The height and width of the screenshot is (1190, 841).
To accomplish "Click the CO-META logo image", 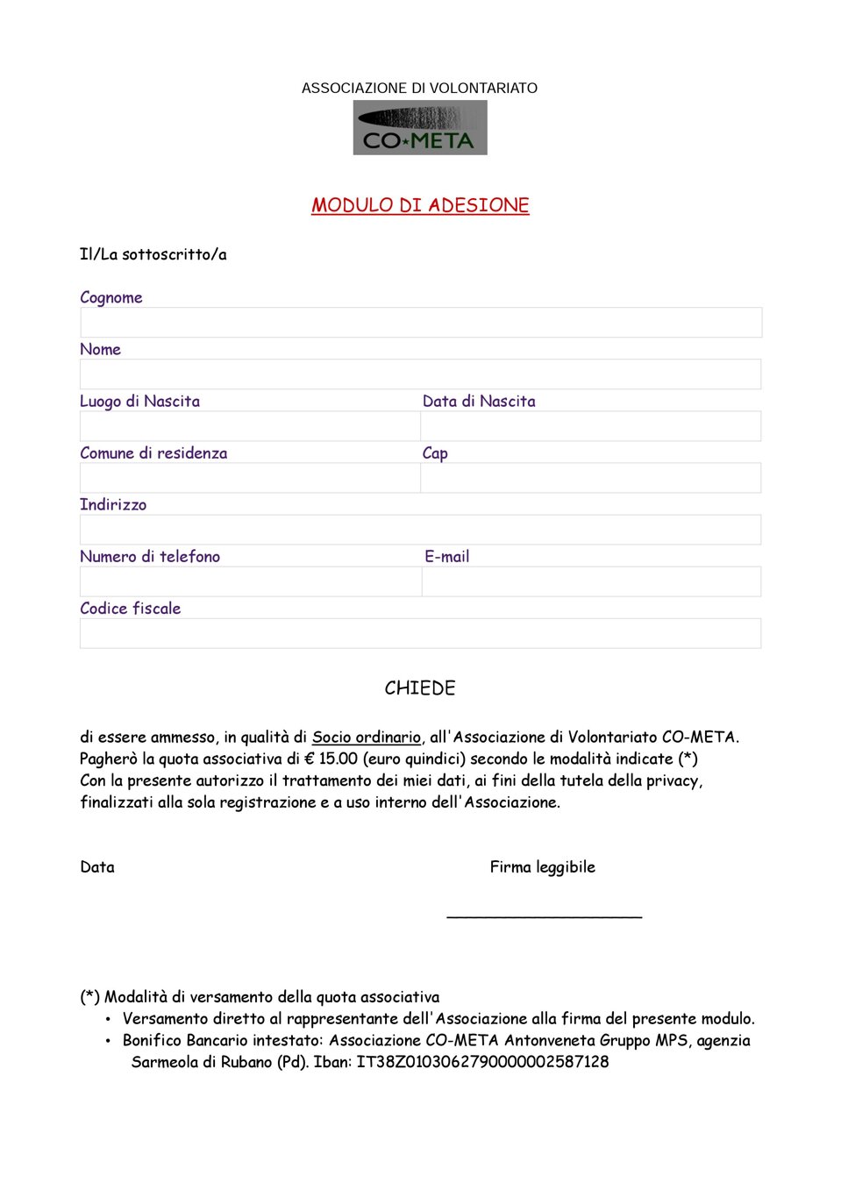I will [420, 128].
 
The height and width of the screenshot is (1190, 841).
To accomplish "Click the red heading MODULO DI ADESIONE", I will [420, 205].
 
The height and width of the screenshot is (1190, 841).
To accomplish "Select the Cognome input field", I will [421, 323].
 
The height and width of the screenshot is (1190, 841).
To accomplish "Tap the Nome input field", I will [421, 374].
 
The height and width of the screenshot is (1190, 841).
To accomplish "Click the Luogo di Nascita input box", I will [250, 426].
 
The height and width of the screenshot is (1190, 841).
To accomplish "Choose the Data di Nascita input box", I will [590, 426].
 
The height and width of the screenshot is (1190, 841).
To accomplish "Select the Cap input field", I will [590, 478].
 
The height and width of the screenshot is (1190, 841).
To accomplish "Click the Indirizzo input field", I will [421, 530].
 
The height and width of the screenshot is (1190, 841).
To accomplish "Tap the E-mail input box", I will [590, 581].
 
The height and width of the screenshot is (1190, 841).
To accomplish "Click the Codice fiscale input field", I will [421, 633].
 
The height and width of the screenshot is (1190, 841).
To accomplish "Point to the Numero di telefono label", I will [150, 557].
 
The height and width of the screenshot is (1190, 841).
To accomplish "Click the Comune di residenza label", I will [153, 453].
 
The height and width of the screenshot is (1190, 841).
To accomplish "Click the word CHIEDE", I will [420, 688].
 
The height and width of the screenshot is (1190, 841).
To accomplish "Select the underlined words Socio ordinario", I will [367, 738].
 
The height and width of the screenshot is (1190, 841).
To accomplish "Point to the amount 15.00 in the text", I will [338, 759].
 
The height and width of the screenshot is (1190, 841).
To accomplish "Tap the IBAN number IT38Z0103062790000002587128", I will [482, 1062].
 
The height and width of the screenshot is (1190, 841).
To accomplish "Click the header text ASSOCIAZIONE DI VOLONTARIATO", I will [419, 89].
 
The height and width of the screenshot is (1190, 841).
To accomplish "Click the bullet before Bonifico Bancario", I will [108, 1041].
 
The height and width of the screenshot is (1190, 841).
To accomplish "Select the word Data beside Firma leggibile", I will [97, 867].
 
